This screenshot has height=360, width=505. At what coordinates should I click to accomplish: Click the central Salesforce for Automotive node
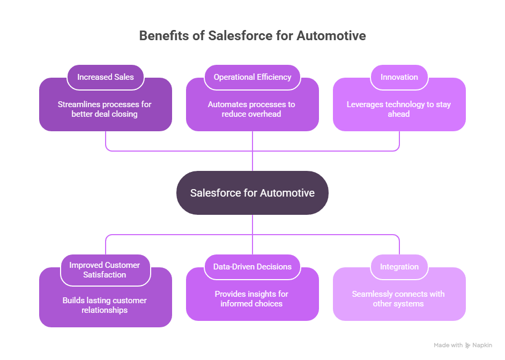click(252, 193)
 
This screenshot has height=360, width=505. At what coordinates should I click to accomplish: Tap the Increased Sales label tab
click(105, 77)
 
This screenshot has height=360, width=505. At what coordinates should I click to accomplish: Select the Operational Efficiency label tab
click(252, 77)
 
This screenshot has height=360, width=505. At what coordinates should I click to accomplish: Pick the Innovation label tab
click(399, 77)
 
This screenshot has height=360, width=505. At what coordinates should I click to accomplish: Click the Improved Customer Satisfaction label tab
click(105, 270)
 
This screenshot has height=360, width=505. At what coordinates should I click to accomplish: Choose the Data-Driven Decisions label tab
click(252, 267)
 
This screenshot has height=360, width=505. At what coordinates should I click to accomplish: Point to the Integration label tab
click(399, 267)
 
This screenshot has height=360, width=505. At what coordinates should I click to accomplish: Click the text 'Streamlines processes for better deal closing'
click(105, 109)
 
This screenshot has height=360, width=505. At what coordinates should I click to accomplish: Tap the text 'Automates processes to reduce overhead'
click(252, 109)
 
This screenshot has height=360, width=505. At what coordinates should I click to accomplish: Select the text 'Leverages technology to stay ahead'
click(399, 109)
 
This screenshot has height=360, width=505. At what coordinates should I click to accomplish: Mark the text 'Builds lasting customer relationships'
click(105, 305)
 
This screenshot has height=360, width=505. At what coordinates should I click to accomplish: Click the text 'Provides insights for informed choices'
click(252, 299)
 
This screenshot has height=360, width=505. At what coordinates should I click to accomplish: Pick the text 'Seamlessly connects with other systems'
click(399, 299)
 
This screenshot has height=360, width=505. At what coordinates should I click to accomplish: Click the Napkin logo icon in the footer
click(468, 346)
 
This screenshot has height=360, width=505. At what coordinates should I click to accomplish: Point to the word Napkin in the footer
click(482, 346)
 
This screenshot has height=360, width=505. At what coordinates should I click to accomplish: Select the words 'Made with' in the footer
click(448, 346)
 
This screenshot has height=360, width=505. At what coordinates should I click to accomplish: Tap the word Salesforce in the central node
click(214, 193)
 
